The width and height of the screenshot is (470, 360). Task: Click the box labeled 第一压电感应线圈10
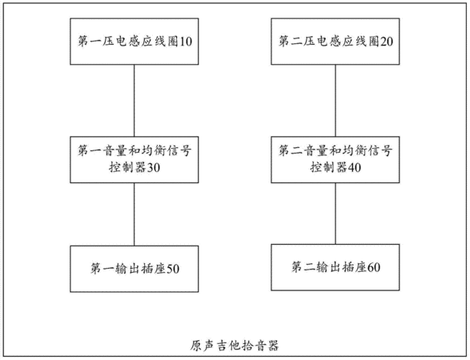coord(135,42)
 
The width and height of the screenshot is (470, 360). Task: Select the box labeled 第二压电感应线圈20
coord(335,42)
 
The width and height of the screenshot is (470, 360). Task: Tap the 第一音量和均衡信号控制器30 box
coord(135,160)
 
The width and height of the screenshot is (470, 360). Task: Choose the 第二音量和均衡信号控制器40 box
coord(335,160)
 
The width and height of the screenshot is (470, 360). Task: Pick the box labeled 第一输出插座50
coord(135,269)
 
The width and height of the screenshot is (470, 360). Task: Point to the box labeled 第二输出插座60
coord(335,267)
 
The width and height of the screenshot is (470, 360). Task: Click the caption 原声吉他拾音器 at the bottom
coord(235,346)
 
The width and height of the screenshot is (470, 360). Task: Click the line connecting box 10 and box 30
coord(134,101)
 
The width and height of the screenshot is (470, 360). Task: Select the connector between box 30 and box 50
coord(134,214)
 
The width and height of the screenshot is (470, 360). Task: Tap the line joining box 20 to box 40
coord(335,101)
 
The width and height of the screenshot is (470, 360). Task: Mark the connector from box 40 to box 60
coord(335,214)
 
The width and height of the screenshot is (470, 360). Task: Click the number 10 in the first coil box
coord(186,42)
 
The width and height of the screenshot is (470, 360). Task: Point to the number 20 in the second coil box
coord(387,42)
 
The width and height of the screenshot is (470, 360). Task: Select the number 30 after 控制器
coord(153,167)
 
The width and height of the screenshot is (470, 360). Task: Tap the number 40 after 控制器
coord(354,167)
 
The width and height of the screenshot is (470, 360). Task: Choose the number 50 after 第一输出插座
coord(173,269)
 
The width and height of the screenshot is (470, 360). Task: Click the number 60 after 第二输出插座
coord(374,267)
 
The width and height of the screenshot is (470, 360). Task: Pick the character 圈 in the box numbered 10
coord(173,42)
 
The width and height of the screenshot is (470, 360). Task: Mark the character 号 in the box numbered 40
coord(387,150)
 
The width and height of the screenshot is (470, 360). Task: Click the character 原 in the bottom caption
coord(196,346)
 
